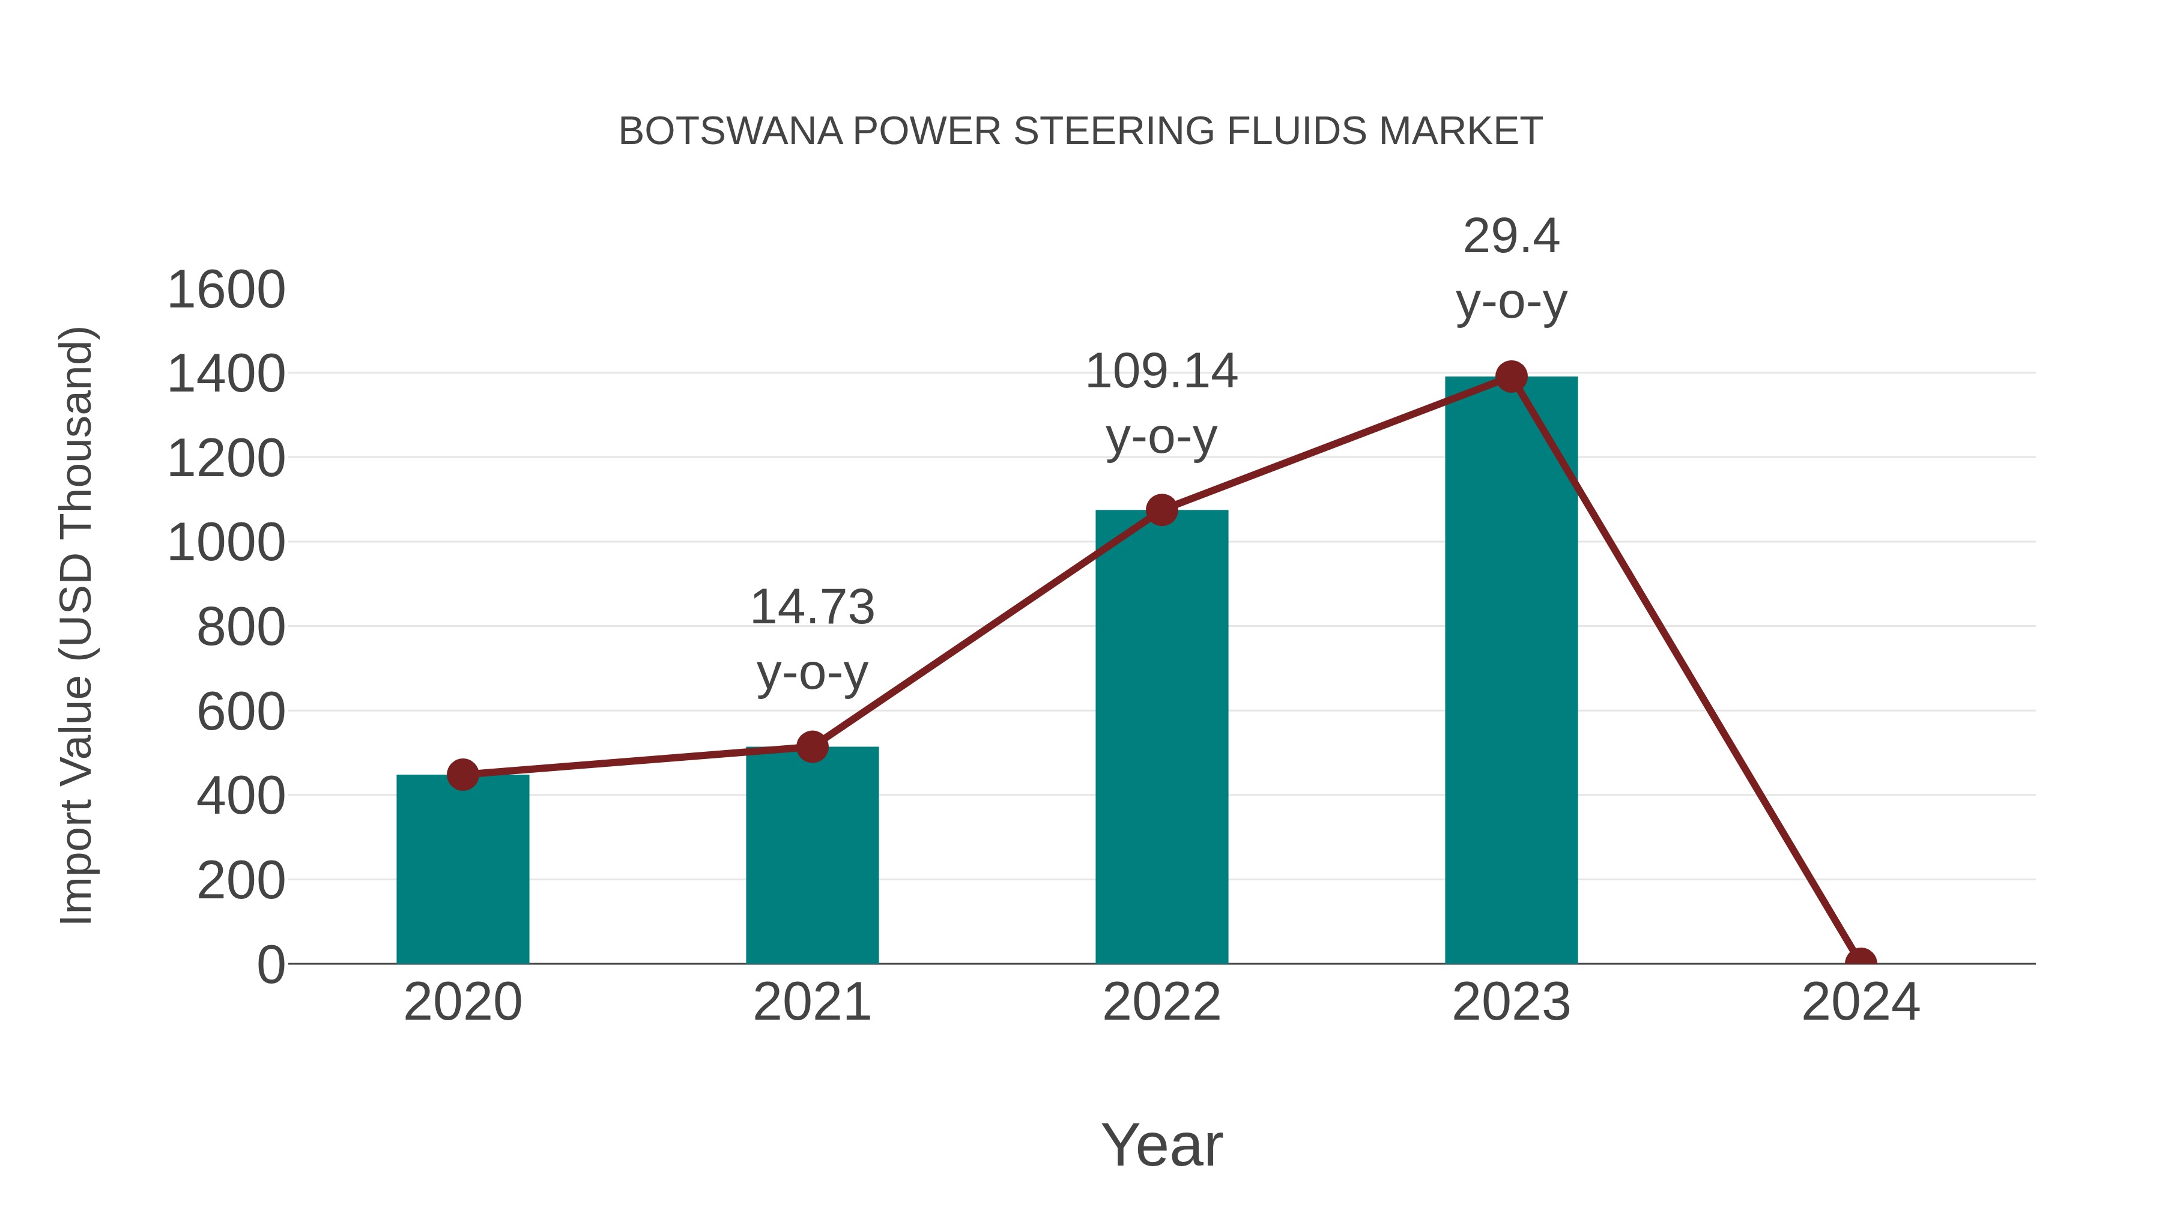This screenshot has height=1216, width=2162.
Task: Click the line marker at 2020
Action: (462, 775)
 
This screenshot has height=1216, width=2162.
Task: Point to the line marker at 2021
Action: (811, 746)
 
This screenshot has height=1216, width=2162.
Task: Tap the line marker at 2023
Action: (1511, 377)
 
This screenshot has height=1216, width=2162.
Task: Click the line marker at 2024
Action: (1861, 962)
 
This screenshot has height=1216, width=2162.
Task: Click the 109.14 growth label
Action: (1161, 372)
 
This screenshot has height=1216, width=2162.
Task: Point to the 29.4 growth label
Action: (1511, 237)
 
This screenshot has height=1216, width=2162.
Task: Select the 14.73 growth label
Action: (811, 608)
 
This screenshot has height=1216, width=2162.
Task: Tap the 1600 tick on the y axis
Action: (226, 291)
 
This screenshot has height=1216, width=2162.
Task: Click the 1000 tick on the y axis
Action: (226, 543)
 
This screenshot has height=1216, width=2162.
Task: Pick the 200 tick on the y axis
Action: (241, 881)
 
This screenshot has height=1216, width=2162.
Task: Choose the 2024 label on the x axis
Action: (1861, 1002)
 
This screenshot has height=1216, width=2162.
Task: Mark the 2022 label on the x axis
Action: (1161, 1002)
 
